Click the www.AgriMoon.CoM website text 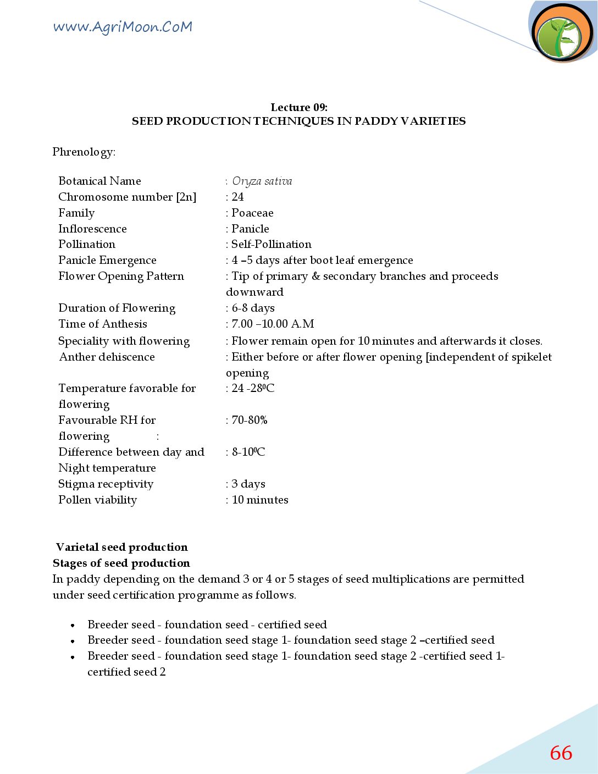123,27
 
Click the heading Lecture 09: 298,107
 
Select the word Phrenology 84,152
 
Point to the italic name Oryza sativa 262,181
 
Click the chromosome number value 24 237,197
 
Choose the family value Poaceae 252,213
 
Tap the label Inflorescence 92,229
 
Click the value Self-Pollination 271,244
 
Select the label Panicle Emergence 107,260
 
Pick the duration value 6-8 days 253,308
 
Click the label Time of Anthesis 103,324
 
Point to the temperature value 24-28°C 253,388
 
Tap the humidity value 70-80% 250,420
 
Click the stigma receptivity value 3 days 248,484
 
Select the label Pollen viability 97,500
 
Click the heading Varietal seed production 122,547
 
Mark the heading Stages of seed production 121,563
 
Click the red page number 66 561,753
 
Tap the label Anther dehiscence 107,357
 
